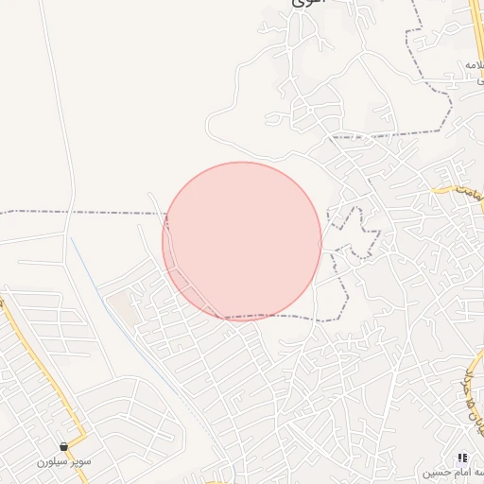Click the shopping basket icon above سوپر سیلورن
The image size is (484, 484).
(64, 447)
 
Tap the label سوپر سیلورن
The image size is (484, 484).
(63, 462)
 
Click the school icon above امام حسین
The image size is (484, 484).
(462, 458)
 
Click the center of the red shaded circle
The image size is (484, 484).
(242, 241)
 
